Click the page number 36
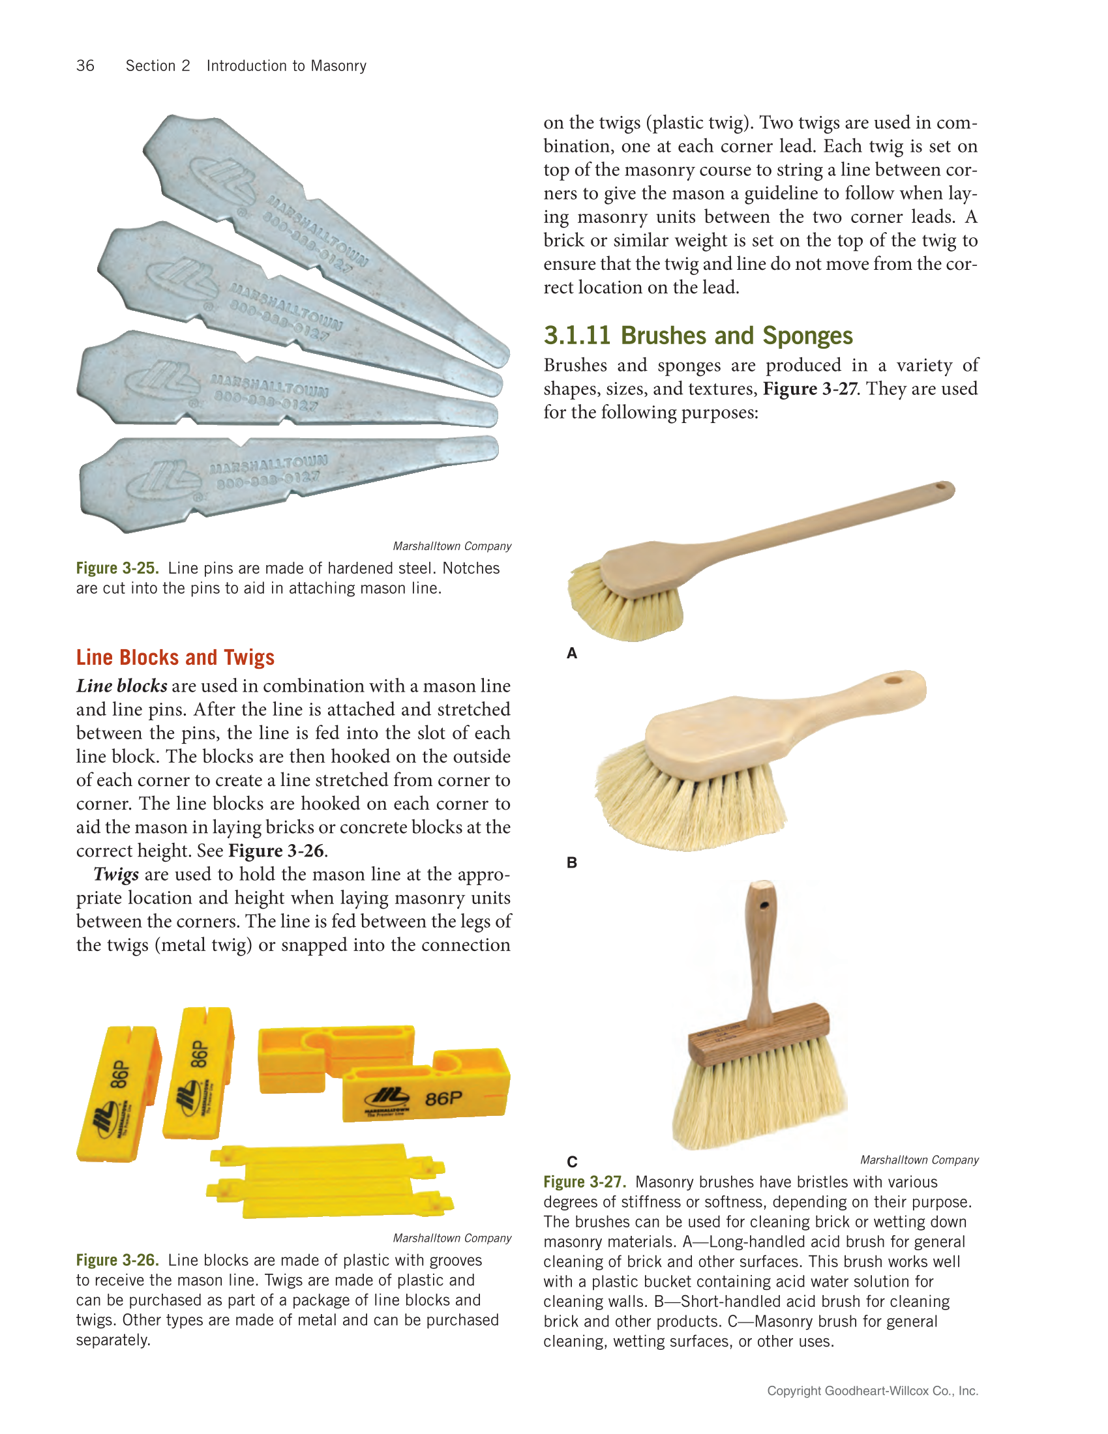pyautogui.click(x=85, y=66)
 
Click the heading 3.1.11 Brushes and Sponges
pyautogui.click(x=698, y=336)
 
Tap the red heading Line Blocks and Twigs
pyautogui.click(x=175, y=657)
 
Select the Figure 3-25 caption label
pyautogui.click(x=117, y=568)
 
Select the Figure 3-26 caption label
pyautogui.click(x=117, y=1260)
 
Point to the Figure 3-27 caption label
pyautogui.click(x=584, y=1182)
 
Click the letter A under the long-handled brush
pyautogui.click(x=571, y=653)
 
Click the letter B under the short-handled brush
pyautogui.click(x=571, y=863)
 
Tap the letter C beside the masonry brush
pyautogui.click(x=571, y=1162)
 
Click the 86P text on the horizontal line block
pyautogui.click(x=443, y=1098)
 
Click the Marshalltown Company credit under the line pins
pyautogui.click(x=452, y=546)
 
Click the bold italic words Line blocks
pyautogui.click(x=121, y=686)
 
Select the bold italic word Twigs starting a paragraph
pyautogui.click(x=115, y=875)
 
